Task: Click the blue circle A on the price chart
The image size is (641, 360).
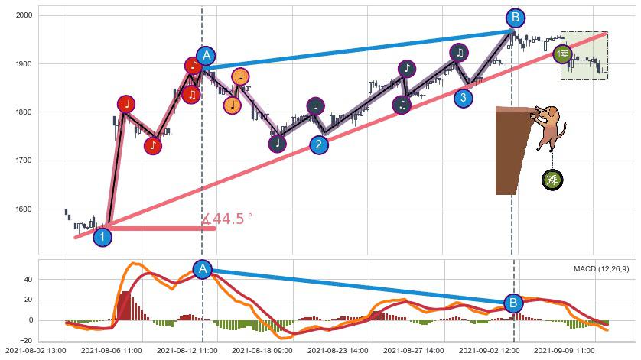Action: point(205,56)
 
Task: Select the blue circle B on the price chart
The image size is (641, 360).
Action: point(515,18)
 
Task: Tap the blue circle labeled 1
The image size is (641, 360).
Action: point(102,237)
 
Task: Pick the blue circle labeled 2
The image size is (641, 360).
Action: point(319,144)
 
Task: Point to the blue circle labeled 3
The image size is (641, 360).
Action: point(462,97)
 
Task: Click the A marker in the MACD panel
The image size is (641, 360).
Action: point(203,269)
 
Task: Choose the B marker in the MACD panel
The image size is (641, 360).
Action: point(513,303)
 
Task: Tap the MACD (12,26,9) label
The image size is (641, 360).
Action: point(600,269)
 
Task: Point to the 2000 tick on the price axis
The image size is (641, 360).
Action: point(23,15)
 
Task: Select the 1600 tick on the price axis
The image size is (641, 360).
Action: point(23,209)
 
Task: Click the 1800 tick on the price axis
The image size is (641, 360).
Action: point(23,112)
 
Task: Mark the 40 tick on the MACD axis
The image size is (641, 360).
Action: point(28,280)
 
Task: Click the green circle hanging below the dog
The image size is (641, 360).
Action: point(552,180)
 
